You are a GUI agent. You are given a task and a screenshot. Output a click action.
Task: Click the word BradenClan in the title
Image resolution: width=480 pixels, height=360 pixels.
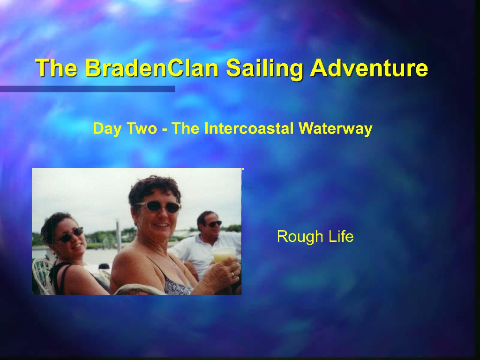coord(152,67)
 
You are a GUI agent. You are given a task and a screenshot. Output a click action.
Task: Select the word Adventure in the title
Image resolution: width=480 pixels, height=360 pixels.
coord(369,67)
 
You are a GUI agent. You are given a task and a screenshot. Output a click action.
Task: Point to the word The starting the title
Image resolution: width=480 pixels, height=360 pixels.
coord(56,67)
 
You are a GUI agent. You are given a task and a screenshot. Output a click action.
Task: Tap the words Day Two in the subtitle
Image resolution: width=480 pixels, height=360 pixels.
coord(125,129)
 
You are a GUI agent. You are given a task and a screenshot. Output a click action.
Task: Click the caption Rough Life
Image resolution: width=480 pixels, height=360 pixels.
coord(315,237)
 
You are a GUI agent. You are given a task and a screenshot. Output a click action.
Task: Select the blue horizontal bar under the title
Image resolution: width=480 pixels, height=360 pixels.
coord(88,89)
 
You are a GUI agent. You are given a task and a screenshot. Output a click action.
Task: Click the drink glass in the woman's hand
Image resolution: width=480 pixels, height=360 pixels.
coord(224,255)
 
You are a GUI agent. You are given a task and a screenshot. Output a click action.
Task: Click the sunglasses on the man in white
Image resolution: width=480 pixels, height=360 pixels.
coord(215,224)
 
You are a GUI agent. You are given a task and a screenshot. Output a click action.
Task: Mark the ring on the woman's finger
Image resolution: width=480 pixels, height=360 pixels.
coord(233,275)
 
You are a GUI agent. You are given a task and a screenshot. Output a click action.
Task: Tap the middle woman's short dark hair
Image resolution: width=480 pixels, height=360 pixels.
coord(155,188)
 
